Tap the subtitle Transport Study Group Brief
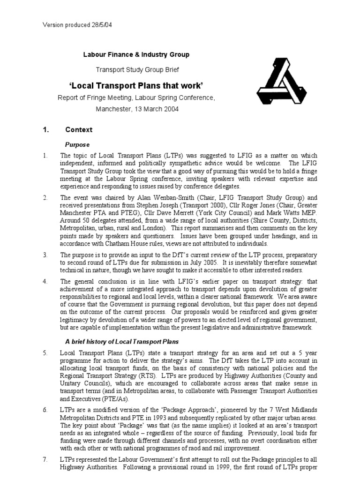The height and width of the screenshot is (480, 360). [137, 69]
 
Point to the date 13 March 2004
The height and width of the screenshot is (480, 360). [157, 109]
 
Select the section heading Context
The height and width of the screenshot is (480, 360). [79, 130]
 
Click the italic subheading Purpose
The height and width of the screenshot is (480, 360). [77, 144]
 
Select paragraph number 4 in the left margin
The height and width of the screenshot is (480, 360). [45, 282]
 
